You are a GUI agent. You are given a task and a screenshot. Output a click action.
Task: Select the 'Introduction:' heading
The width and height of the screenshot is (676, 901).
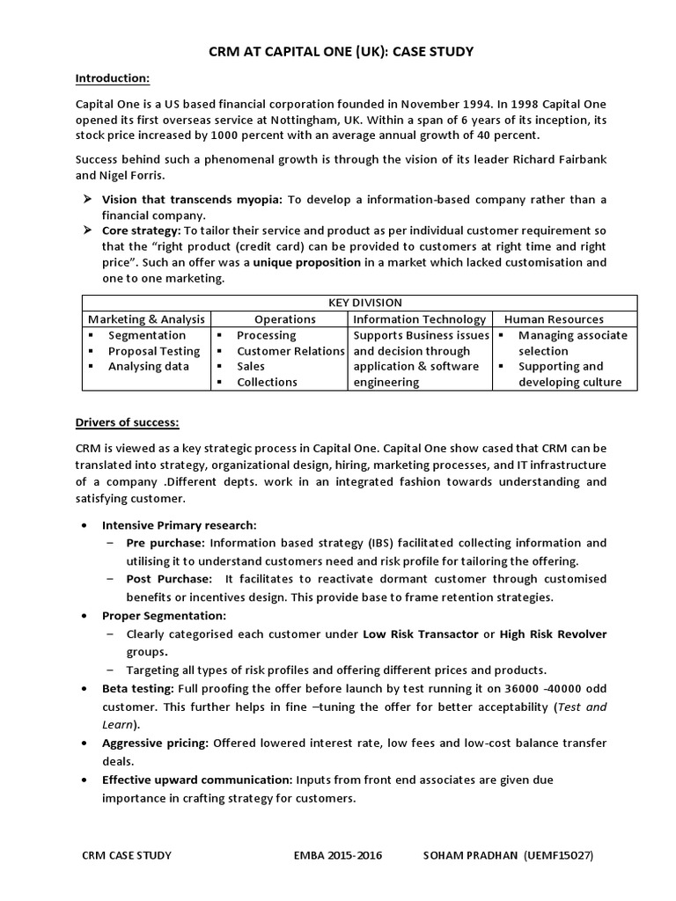[x=113, y=79]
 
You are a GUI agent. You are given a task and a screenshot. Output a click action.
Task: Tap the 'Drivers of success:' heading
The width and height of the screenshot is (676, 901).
[x=128, y=422]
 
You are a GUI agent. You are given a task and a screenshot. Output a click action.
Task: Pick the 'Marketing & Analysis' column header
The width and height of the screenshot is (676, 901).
[x=146, y=319]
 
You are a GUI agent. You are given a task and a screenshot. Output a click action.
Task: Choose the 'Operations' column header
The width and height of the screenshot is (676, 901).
[x=284, y=319]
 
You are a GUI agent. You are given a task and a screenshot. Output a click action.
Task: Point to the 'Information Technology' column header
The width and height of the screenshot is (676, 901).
[x=420, y=319]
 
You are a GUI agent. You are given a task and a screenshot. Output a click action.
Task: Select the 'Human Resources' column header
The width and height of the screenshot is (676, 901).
[x=554, y=319]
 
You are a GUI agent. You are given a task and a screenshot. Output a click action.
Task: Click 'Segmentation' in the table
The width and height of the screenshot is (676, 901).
[x=147, y=334]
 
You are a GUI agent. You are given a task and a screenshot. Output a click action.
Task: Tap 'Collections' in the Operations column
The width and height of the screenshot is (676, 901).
[x=267, y=382]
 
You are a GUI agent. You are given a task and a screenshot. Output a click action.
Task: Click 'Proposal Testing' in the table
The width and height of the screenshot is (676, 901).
[x=154, y=350]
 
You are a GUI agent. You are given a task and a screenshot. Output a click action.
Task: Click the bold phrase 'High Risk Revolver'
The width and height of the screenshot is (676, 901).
[x=553, y=634]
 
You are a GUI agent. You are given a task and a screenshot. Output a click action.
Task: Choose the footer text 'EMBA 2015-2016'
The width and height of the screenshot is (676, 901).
[x=339, y=854]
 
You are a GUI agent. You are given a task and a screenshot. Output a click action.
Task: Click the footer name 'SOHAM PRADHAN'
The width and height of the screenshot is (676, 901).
[x=471, y=854]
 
